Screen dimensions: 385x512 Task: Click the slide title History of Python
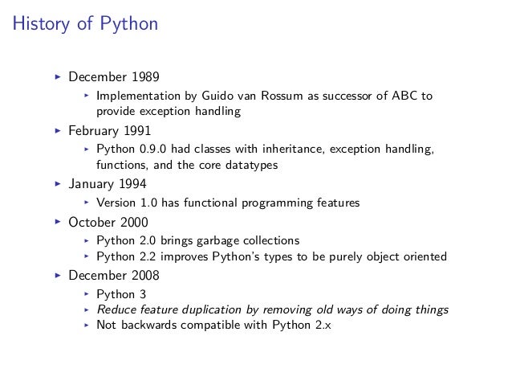click(85, 25)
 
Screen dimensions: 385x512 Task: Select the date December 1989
click(113, 78)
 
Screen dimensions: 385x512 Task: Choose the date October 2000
click(108, 221)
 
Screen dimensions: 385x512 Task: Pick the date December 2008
click(113, 275)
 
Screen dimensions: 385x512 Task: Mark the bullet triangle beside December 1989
click(58, 78)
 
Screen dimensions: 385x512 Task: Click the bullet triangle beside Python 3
click(86, 293)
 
